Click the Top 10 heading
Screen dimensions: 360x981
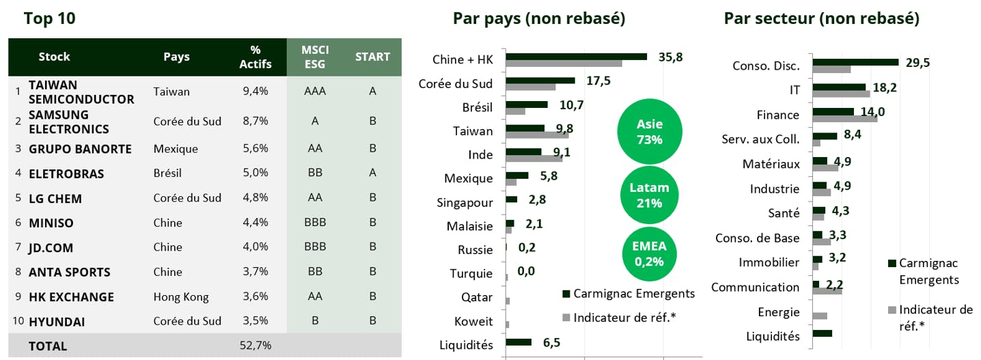tap(49, 18)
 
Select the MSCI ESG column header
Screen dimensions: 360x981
tap(314, 57)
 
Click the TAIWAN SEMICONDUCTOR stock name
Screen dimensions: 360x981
tap(81, 92)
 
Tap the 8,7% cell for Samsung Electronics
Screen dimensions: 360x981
tap(255, 122)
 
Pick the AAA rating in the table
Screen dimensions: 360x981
tap(314, 92)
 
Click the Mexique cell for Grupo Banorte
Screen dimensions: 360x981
tap(176, 149)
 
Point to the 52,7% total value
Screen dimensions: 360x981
tap(255, 346)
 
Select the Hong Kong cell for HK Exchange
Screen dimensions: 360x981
tap(181, 297)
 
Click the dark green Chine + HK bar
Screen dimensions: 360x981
tap(576, 57)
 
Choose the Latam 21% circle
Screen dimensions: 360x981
tap(650, 195)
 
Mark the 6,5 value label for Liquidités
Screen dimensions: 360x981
tap(552, 342)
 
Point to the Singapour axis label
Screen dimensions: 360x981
tap(465, 203)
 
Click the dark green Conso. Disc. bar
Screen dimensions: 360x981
tap(855, 62)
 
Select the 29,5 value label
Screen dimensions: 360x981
tap(917, 63)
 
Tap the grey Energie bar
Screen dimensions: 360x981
tap(820, 316)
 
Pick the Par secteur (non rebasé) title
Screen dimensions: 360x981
tap(821, 18)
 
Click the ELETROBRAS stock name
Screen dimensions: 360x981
tap(66, 174)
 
